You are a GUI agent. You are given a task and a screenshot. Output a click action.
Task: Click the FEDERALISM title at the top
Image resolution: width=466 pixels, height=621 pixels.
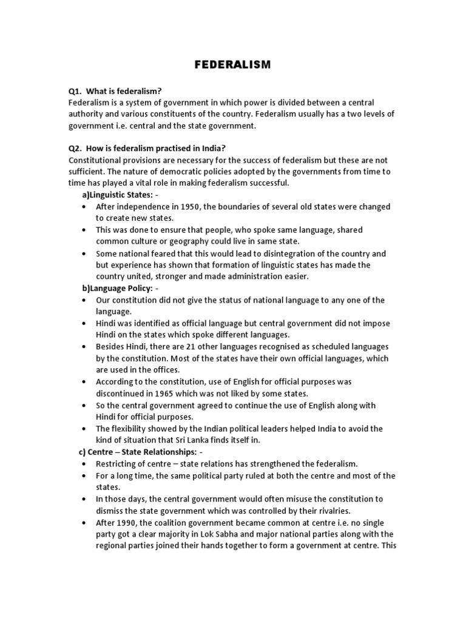233,65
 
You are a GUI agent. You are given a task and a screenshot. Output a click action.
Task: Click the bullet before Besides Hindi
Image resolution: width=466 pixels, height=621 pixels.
83,347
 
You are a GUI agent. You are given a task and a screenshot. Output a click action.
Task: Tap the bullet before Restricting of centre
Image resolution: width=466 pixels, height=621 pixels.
83,464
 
